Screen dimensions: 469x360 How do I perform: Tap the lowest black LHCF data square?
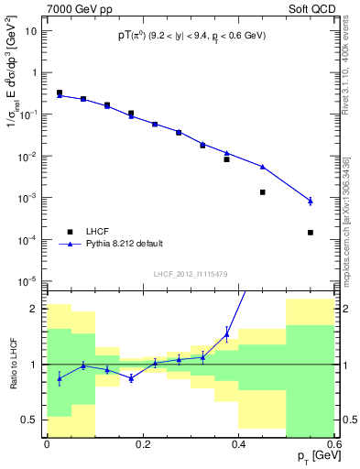[311, 233]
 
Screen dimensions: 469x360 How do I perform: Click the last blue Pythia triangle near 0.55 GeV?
[311, 201]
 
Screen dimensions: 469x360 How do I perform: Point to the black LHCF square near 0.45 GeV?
[263, 192]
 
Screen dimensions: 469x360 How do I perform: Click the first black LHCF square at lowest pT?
[60, 93]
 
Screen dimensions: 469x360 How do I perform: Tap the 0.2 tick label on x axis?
[143, 445]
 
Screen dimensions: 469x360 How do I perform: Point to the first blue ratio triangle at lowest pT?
[60, 377]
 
